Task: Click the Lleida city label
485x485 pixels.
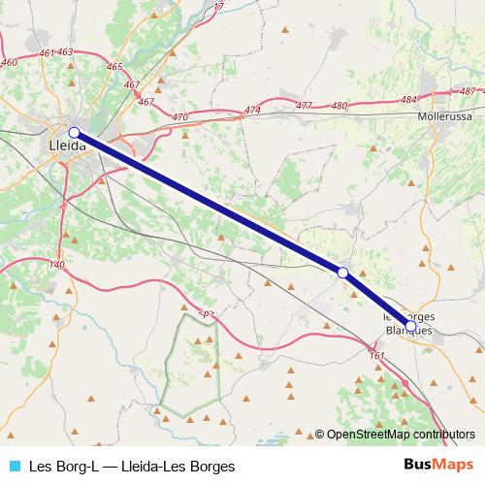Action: [67, 145]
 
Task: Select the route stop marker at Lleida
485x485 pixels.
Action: [74, 132]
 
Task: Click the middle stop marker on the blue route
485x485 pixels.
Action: [342, 274]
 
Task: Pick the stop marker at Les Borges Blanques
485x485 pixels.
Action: [410, 326]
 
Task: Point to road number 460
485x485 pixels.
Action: [10, 62]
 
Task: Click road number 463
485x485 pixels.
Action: [66, 51]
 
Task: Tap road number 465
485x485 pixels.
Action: [115, 67]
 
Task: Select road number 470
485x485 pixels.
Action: [179, 116]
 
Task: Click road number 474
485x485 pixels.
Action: [253, 110]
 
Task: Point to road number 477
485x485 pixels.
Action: [305, 106]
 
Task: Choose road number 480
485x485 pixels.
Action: [339, 105]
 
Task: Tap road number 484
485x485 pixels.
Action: [407, 99]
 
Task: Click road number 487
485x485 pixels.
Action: [469, 91]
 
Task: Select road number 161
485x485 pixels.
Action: [376, 356]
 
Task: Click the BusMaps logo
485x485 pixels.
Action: [437, 465]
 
